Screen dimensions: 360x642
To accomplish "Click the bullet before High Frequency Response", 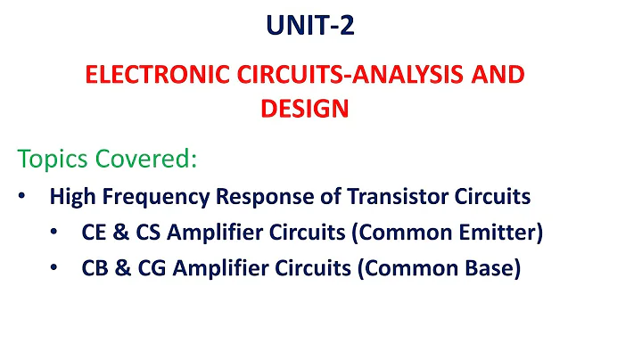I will coord(21,196).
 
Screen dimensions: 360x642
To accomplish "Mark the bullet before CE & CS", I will coord(53,232).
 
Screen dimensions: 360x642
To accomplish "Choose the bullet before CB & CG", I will coord(53,267).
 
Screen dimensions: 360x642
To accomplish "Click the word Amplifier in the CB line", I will coord(207,267).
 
